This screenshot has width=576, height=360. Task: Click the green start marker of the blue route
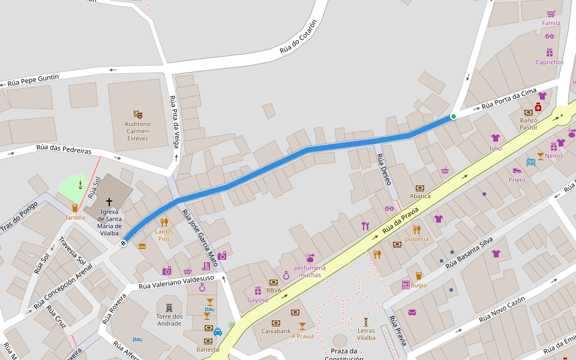tap(454, 116)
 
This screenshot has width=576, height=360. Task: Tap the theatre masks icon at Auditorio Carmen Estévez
tap(137, 113)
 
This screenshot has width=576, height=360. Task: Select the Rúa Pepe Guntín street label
tap(34, 80)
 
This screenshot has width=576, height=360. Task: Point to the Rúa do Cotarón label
tap(298, 37)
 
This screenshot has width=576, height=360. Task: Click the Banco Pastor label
tap(529, 124)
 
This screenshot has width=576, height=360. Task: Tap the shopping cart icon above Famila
tap(551, 13)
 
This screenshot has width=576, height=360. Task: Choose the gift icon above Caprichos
tap(550, 52)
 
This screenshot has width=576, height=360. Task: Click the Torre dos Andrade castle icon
tap(169, 307)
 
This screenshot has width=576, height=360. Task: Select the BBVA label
tap(274, 290)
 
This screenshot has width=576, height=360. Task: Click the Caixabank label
tap(276, 331)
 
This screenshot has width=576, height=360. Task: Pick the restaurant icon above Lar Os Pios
tap(164, 222)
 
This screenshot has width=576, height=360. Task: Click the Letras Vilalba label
tap(366, 334)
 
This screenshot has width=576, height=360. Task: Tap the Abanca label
tap(420, 196)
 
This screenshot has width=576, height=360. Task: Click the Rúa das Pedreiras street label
tap(64, 148)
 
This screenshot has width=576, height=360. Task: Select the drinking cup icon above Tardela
tap(75, 208)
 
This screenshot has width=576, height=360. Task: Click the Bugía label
tap(419, 285)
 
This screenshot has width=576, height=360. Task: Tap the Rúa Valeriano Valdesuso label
tap(176, 282)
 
